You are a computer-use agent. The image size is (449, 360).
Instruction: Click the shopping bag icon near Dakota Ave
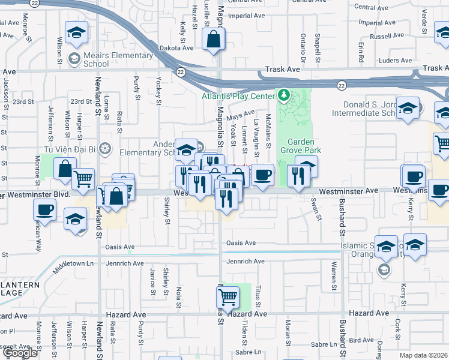[214, 41]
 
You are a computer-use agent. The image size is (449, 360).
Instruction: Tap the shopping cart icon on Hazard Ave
[228, 296]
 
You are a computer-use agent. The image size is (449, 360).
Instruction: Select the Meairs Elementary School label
[118, 60]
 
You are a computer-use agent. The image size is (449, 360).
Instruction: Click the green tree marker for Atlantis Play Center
[283, 95]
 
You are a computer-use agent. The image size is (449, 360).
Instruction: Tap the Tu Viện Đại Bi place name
[67, 148]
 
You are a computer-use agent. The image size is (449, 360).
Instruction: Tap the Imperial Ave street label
[247, 16]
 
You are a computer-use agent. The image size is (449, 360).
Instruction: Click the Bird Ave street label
[361, 340]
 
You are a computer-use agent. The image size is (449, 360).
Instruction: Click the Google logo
[20, 353]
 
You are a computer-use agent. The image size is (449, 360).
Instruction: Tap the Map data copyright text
[424, 355]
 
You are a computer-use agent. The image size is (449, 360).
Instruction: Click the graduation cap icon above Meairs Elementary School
[77, 33]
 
